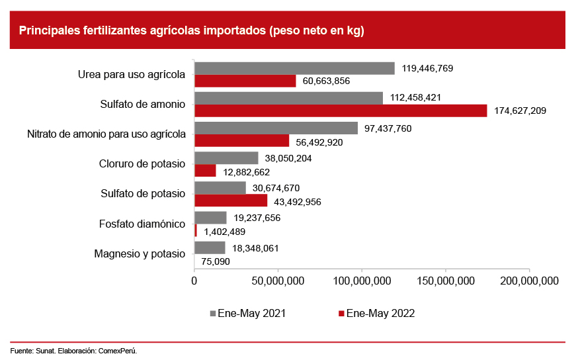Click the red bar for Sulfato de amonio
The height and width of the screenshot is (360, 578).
click(341, 111)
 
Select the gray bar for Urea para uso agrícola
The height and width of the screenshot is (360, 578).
click(294, 68)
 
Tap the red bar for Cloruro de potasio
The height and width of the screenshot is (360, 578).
click(205, 171)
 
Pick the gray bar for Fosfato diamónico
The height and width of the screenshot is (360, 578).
click(210, 218)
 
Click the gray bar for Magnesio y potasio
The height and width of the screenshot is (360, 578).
click(210, 247)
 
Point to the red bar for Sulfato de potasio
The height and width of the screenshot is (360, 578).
click(231, 201)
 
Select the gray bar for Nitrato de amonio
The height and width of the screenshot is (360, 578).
click(276, 128)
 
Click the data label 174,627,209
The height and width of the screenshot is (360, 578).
click(520, 111)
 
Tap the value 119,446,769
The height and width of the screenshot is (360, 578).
click(427, 68)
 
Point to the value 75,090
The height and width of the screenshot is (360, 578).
click(216, 261)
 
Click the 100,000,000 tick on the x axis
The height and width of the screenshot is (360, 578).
click(362, 281)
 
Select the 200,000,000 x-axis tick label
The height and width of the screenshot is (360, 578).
click(529, 281)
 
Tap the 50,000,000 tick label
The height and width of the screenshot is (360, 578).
click(278, 281)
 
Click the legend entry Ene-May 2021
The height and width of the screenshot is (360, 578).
click(248, 314)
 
